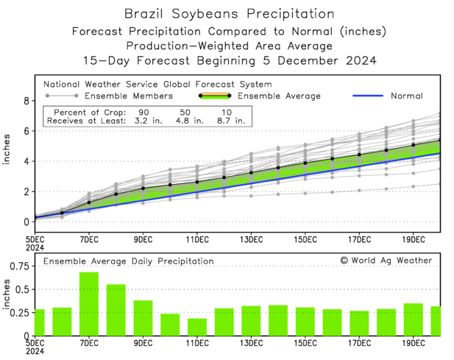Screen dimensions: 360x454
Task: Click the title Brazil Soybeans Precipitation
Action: tap(227, 13)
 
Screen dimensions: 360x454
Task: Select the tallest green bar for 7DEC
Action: tap(89, 303)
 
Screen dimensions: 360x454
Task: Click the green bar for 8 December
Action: tap(116, 309)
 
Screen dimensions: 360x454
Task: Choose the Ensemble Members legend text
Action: tap(128, 96)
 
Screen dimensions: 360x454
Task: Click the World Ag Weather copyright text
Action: tap(386, 261)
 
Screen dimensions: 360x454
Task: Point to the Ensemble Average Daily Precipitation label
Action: tap(128, 261)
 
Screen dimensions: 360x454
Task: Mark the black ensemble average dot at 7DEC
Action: tap(89, 202)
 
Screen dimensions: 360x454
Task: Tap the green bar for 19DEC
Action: tap(414, 319)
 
